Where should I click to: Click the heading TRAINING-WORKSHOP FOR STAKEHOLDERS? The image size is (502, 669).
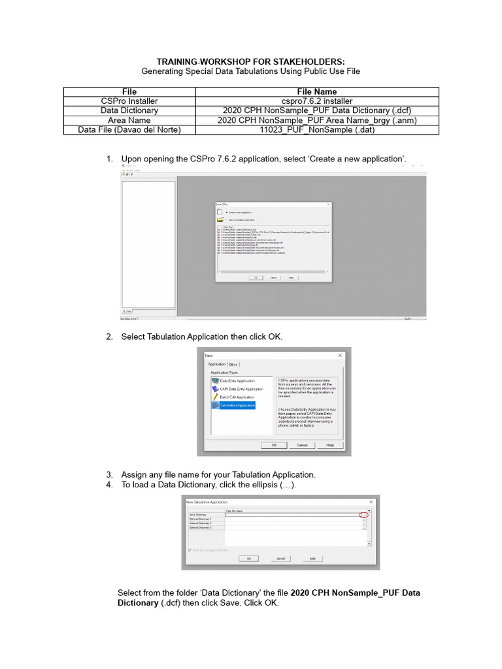pyautogui.click(x=250, y=61)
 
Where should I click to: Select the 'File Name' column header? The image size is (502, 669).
pyautogui.click(x=316, y=92)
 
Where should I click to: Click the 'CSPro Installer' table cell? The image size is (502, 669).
pyautogui.click(x=129, y=101)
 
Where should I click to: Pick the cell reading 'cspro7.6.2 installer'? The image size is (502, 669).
pyautogui.click(x=316, y=101)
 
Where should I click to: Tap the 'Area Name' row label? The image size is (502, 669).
pyautogui.click(x=129, y=120)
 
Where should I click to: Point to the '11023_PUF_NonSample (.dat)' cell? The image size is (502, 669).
pyautogui.click(x=316, y=130)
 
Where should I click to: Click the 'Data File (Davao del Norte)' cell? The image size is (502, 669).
pyautogui.click(x=129, y=130)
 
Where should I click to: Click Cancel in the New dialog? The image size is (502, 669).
pyautogui.click(x=302, y=445)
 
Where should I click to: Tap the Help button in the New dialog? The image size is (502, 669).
pyautogui.click(x=330, y=445)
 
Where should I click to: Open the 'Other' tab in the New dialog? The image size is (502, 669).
pyautogui.click(x=233, y=365)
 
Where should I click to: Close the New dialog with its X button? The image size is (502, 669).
pyautogui.click(x=341, y=355)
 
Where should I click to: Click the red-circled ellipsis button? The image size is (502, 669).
pyautogui.click(x=364, y=515)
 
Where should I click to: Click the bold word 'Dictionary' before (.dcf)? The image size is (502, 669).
pyautogui.click(x=137, y=603)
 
